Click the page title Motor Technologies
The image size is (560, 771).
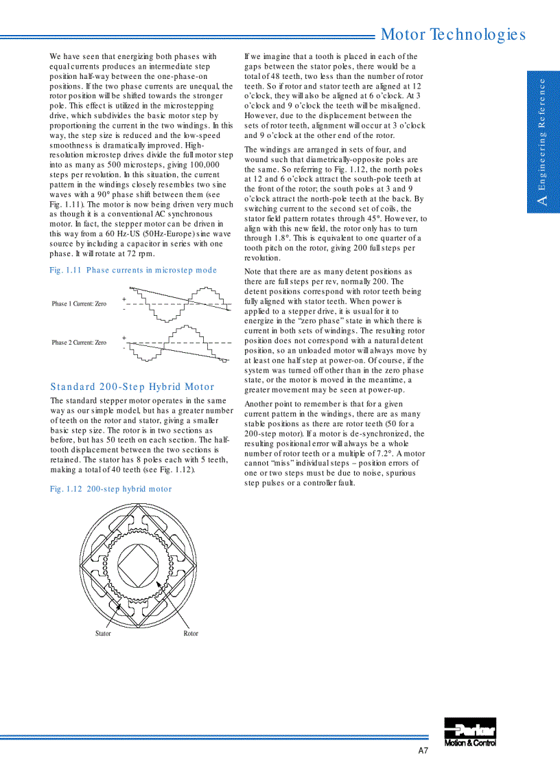point(453,34)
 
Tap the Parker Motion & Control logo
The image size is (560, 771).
point(470,732)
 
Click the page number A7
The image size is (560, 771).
point(423,751)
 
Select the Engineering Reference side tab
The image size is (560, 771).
point(543,141)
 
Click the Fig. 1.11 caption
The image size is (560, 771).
point(133,270)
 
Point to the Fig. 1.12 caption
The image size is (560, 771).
point(110,489)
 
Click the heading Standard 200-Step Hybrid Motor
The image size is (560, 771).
point(132,387)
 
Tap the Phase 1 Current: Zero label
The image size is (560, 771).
point(79,303)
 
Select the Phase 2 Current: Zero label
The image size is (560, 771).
point(79,342)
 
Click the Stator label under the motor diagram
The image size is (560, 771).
point(103,633)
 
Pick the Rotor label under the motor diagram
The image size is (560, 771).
point(191,633)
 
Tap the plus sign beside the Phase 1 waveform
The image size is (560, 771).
point(124,299)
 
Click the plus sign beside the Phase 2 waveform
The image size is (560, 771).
point(124,338)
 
